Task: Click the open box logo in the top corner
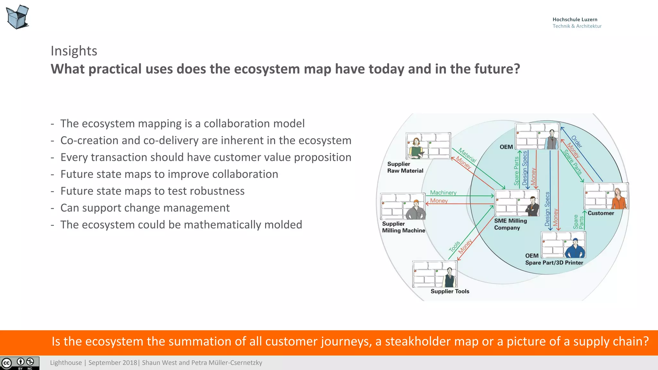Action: tap(18, 17)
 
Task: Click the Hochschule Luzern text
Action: tap(575, 20)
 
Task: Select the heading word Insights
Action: tap(74, 51)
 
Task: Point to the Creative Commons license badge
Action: tap(20, 363)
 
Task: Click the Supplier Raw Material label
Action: tap(405, 167)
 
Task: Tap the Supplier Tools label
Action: tap(450, 291)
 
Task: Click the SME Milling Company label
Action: tap(510, 224)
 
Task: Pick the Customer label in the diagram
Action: tap(600, 213)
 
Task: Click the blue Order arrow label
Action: tap(576, 142)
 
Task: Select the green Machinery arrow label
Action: tap(443, 192)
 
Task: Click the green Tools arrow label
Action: tap(454, 246)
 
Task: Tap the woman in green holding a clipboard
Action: tap(416, 149)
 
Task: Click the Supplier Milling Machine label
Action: tap(403, 227)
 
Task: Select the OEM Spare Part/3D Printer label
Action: tap(554, 259)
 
